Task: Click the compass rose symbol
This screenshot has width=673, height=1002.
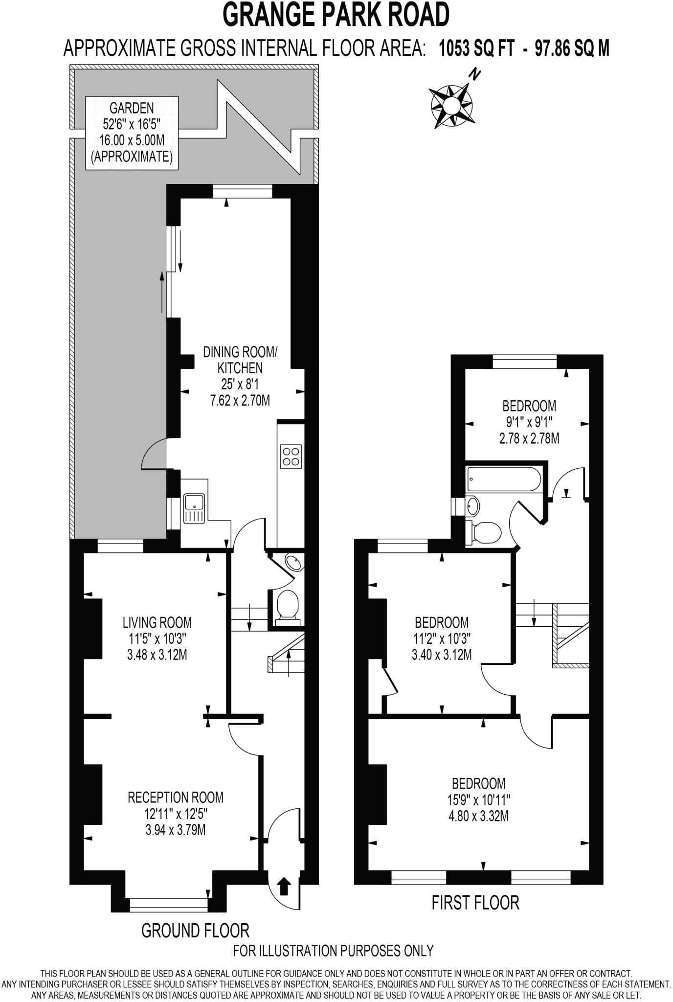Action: (x=451, y=104)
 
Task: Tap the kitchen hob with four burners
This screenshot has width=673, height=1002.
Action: (x=290, y=456)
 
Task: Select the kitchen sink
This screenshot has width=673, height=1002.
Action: (x=194, y=507)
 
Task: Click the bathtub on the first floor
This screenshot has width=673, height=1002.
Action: (x=503, y=478)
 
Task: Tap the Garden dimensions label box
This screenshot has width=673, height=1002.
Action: (x=132, y=133)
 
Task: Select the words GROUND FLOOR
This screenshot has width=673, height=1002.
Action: (x=195, y=930)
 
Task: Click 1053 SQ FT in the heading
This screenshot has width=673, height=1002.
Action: (x=476, y=48)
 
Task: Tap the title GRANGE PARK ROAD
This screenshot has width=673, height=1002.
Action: (x=336, y=15)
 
